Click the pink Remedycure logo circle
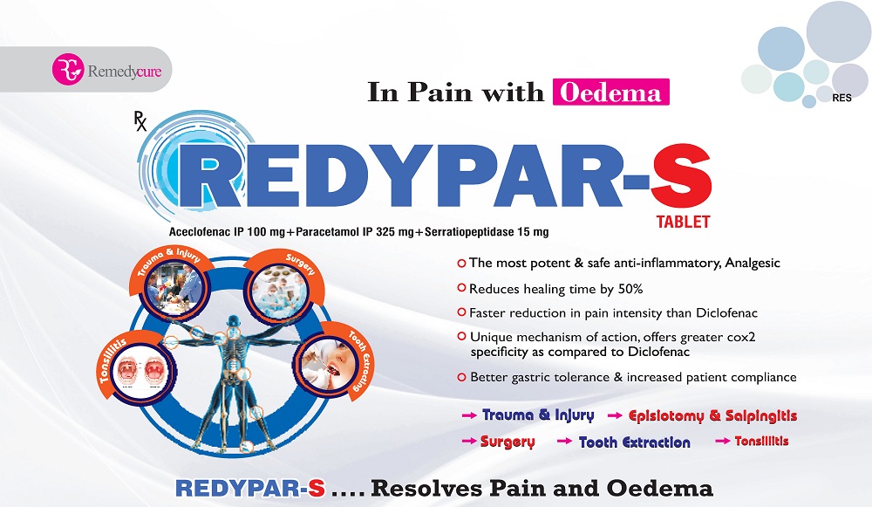tap(68, 70)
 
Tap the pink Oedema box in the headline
tap(610, 92)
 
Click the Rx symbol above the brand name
tap(140, 121)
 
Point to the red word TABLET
tap(683, 222)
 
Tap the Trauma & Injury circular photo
tap(175, 289)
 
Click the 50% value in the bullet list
tap(630, 289)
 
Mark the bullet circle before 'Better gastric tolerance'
tap(461, 377)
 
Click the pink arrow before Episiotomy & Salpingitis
tap(615, 415)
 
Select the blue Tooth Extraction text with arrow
tap(623, 442)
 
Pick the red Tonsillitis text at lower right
tap(761, 441)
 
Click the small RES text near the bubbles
tap(842, 98)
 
